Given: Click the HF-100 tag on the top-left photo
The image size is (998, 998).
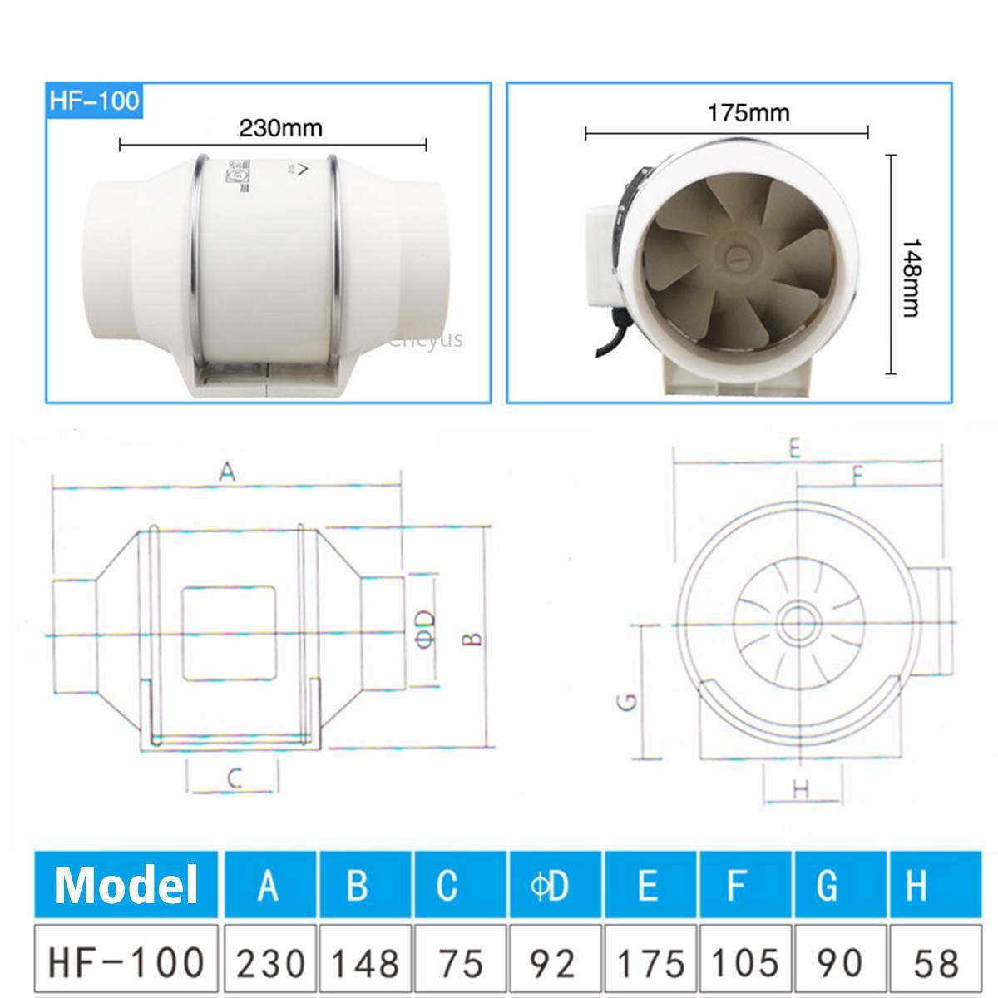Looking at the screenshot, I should click(93, 101).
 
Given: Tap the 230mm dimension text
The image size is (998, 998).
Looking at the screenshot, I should click(280, 128).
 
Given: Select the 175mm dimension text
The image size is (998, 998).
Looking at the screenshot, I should click(748, 111).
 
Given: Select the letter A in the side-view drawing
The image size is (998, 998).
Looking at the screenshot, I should click(227, 472).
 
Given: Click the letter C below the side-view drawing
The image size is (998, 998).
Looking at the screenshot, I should click(235, 779).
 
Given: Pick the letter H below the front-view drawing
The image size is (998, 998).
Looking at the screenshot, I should click(801, 789).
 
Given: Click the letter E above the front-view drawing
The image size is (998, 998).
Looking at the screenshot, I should click(794, 450).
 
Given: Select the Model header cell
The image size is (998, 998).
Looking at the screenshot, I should click(126, 884).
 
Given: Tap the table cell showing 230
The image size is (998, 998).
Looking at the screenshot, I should click(269, 962).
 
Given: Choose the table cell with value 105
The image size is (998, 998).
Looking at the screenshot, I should click(744, 962).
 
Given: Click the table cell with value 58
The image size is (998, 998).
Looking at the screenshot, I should click(936, 962).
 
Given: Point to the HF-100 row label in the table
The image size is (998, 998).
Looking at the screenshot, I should click(126, 961).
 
